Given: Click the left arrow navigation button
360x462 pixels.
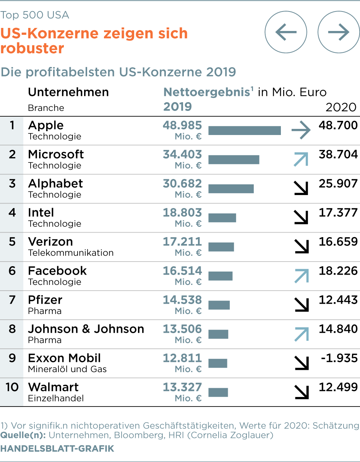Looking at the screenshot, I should [x=286, y=32].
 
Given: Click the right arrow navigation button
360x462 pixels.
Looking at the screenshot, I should [x=339, y=32].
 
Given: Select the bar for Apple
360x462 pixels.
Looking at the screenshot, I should [x=245, y=130].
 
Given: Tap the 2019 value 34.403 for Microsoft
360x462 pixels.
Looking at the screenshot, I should [x=182, y=155].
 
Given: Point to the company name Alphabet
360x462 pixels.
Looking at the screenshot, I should [x=55, y=184].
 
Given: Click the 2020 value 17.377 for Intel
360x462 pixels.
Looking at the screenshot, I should [x=338, y=213].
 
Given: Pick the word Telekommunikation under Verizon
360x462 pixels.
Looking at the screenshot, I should [x=71, y=253].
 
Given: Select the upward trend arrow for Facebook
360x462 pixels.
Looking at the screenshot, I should [x=301, y=276].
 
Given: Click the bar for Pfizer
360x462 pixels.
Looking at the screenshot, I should [x=219, y=305].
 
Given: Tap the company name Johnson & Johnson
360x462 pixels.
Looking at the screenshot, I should [x=86, y=329].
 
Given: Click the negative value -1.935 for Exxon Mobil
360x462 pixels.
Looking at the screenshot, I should [x=340, y=358].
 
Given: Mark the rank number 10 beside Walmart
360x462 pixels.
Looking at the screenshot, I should [x=12, y=387].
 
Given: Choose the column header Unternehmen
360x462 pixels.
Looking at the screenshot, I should [x=68, y=92].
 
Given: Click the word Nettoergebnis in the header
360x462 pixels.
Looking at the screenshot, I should [x=207, y=92].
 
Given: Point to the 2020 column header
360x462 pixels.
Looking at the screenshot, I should [x=341, y=107].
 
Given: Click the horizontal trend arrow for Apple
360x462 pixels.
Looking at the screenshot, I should [x=301, y=130].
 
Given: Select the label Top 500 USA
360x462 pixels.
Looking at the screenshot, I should [x=35, y=15].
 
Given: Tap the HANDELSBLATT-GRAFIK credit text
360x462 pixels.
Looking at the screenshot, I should [x=57, y=449].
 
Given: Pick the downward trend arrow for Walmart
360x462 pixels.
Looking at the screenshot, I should [x=301, y=392].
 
